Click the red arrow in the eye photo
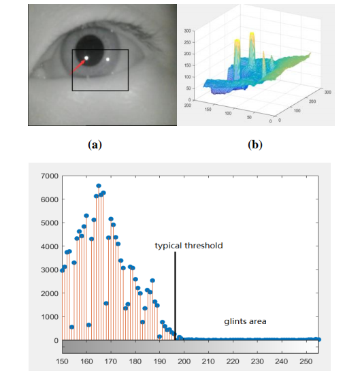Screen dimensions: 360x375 click(77, 67)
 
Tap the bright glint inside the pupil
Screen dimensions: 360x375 click(86, 58)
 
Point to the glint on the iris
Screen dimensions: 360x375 click(108, 59)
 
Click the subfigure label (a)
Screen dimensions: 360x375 click(95, 145)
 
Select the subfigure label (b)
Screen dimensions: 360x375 click(255, 145)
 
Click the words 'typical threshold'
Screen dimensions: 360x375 click(189, 246)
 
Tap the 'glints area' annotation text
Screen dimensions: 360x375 click(245, 321)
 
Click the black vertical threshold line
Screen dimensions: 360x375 click(175, 296)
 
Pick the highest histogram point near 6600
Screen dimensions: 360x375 click(99, 186)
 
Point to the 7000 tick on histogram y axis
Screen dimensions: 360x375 click(50, 176)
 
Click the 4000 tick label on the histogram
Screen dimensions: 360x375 click(50, 246)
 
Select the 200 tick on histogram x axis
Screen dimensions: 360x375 click(184, 361)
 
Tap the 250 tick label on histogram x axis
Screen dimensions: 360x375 click(306, 361)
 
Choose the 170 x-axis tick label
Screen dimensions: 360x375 click(111, 361)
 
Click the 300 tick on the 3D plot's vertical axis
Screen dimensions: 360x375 click(188, 31)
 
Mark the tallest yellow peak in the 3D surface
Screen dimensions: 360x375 click(252, 35)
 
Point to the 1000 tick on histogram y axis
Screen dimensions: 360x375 click(50, 317)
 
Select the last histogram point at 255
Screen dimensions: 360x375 click(318, 340)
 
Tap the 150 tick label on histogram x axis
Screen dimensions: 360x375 click(62, 361)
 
